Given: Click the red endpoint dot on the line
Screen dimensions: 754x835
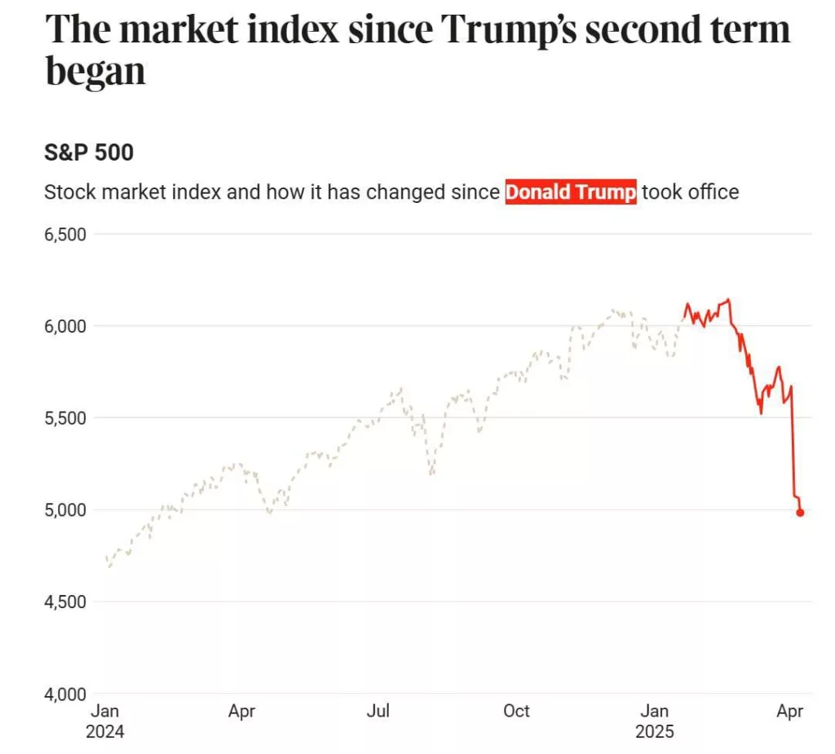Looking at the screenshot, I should click(800, 513).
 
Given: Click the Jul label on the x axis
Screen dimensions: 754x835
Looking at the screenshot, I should click(378, 712).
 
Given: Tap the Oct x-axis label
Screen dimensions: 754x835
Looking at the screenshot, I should click(516, 712).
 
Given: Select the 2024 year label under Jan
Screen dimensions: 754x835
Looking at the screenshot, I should click(105, 732).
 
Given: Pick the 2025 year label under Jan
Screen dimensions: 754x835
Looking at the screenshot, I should click(655, 732).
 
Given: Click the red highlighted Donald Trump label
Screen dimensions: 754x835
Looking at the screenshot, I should click(571, 193).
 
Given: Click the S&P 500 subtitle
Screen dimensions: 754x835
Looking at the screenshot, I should click(89, 152).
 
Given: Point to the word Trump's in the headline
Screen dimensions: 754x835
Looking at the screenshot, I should click(511, 30).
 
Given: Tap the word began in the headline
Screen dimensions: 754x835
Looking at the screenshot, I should click(95, 72).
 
